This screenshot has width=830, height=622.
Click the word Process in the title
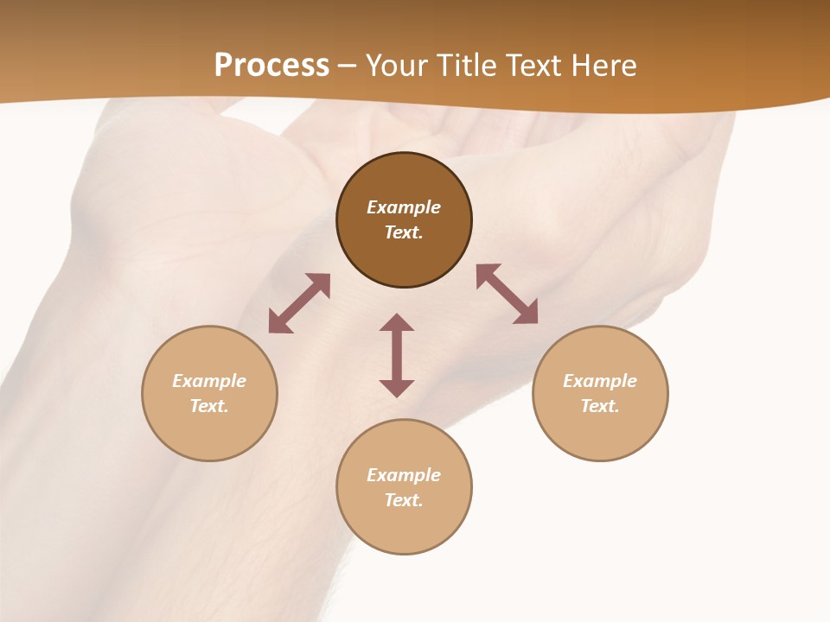pos(271,66)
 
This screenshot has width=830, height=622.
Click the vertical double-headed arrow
pos(397,355)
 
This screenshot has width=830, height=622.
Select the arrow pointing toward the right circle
pos(507,294)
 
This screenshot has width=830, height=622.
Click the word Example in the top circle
pos(404,207)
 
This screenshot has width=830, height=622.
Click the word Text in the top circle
pos(404,232)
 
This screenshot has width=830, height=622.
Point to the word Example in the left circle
pos(209,381)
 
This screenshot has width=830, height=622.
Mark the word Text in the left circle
pos(209,406)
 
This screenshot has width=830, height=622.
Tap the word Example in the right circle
pos(600,381)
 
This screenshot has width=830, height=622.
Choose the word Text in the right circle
pos(600,406)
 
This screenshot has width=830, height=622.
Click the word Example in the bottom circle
pos(404,475)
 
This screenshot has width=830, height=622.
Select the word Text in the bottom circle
pos(404,500)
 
